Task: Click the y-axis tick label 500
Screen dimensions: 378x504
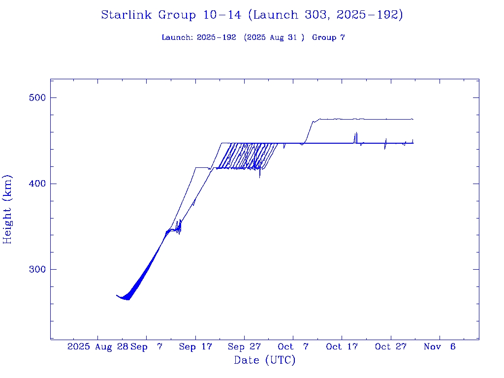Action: coord(36,97)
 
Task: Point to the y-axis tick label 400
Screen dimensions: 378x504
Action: coord(36,184)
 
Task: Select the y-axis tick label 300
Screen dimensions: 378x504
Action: coord(36,269)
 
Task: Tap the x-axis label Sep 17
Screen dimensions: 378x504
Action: coord(195,346)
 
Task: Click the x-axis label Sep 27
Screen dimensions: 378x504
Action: coord(244,346)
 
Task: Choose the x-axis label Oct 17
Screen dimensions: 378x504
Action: coord(342,346)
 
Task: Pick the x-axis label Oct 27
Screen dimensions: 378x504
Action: coord(390,346)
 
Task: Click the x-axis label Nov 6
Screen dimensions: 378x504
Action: coord(440,346)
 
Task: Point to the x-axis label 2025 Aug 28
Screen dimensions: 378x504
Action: coord(98,346)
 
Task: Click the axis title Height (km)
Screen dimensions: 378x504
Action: coord(8,209)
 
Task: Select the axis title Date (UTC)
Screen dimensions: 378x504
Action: coord(264,360)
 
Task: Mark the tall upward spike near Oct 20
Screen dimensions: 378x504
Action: coord(356,133)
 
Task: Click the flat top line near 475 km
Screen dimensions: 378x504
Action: coord(364,119)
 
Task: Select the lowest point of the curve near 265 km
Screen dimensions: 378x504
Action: coord(127,299)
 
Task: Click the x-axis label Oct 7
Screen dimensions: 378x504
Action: coord(293,346)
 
